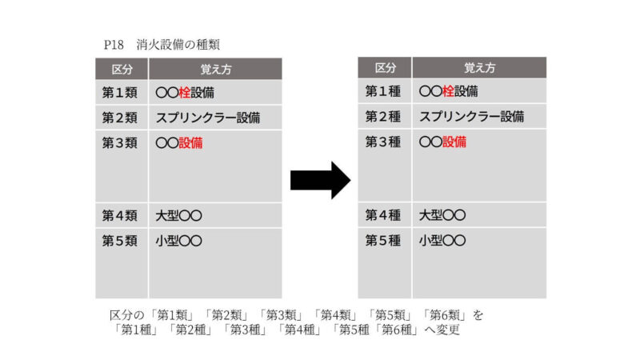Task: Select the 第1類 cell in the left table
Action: click(120, 92)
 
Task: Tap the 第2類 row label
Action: click(120, 118)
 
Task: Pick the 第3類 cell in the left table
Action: click(120, 143)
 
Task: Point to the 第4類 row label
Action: click(120, 215)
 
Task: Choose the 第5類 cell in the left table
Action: click(120, 241)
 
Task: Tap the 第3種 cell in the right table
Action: click(383, 142)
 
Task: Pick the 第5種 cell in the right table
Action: click(383, 240)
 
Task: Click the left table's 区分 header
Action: click(122, 69)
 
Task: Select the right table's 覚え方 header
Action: click(479, 68)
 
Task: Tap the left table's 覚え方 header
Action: click(215, 69)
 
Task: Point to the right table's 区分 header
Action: click(385, 68)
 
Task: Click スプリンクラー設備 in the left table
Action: click(209, 118)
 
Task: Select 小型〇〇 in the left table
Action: click(178, 241)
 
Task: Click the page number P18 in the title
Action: click(113, 46)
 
